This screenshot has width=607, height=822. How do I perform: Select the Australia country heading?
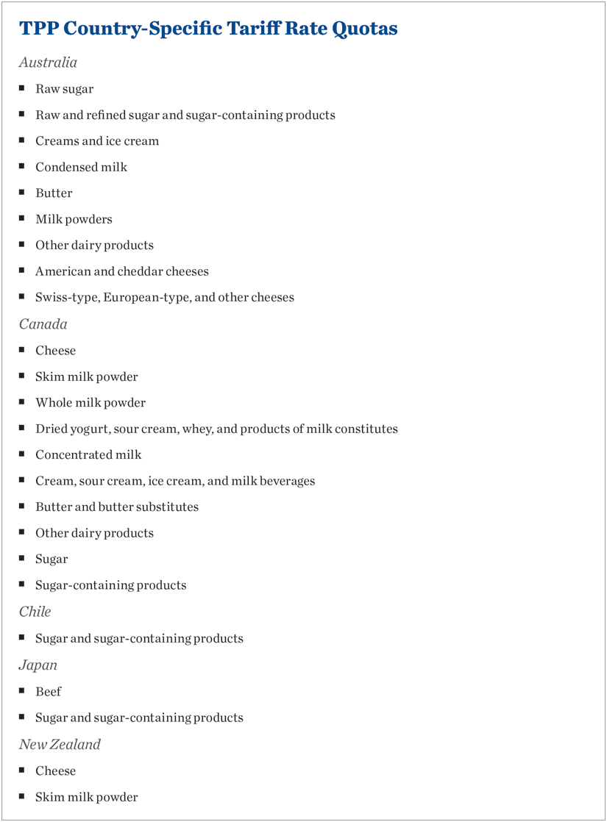point(48,62)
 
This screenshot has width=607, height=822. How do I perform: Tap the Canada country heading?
point(43,324)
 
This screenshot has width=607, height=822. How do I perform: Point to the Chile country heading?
point(35,612)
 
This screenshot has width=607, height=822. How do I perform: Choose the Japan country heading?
point(38,665)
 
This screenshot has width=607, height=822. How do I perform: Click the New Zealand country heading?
point(60,744)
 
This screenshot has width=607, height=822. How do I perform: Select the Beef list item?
point(49,692)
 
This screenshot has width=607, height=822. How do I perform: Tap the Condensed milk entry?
point(81,167)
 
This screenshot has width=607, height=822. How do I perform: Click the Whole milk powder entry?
point(90,403)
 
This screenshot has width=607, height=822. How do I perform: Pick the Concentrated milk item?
point(88,455)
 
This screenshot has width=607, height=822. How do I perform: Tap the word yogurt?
point(88,429)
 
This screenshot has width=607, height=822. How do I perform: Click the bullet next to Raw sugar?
point(23,88)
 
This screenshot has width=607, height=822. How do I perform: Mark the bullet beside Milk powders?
point(23,218)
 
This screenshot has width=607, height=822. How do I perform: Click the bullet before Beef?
point(23,691)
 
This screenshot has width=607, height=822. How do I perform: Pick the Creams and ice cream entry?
point(97,141)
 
